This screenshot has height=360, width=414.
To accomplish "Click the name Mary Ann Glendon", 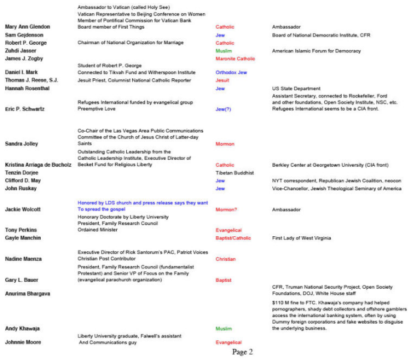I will (28, 27).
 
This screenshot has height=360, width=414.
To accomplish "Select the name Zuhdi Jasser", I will (21, 51).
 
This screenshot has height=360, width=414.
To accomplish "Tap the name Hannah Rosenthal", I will (28, 89).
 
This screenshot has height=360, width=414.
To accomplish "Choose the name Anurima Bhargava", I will (28, 294).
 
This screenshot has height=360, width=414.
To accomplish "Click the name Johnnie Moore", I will (23, 343).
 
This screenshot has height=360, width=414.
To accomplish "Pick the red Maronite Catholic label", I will (235, 59).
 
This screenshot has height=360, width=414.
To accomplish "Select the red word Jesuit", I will (223, 80).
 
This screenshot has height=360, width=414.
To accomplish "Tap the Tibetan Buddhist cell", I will (234, 173).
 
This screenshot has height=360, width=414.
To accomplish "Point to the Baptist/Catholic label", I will (235, 238).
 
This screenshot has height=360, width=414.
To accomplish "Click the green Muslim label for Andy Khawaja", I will (223, 328).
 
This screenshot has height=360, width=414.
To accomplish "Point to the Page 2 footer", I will (242, 352).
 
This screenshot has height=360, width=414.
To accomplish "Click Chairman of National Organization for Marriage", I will (130, 43).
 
